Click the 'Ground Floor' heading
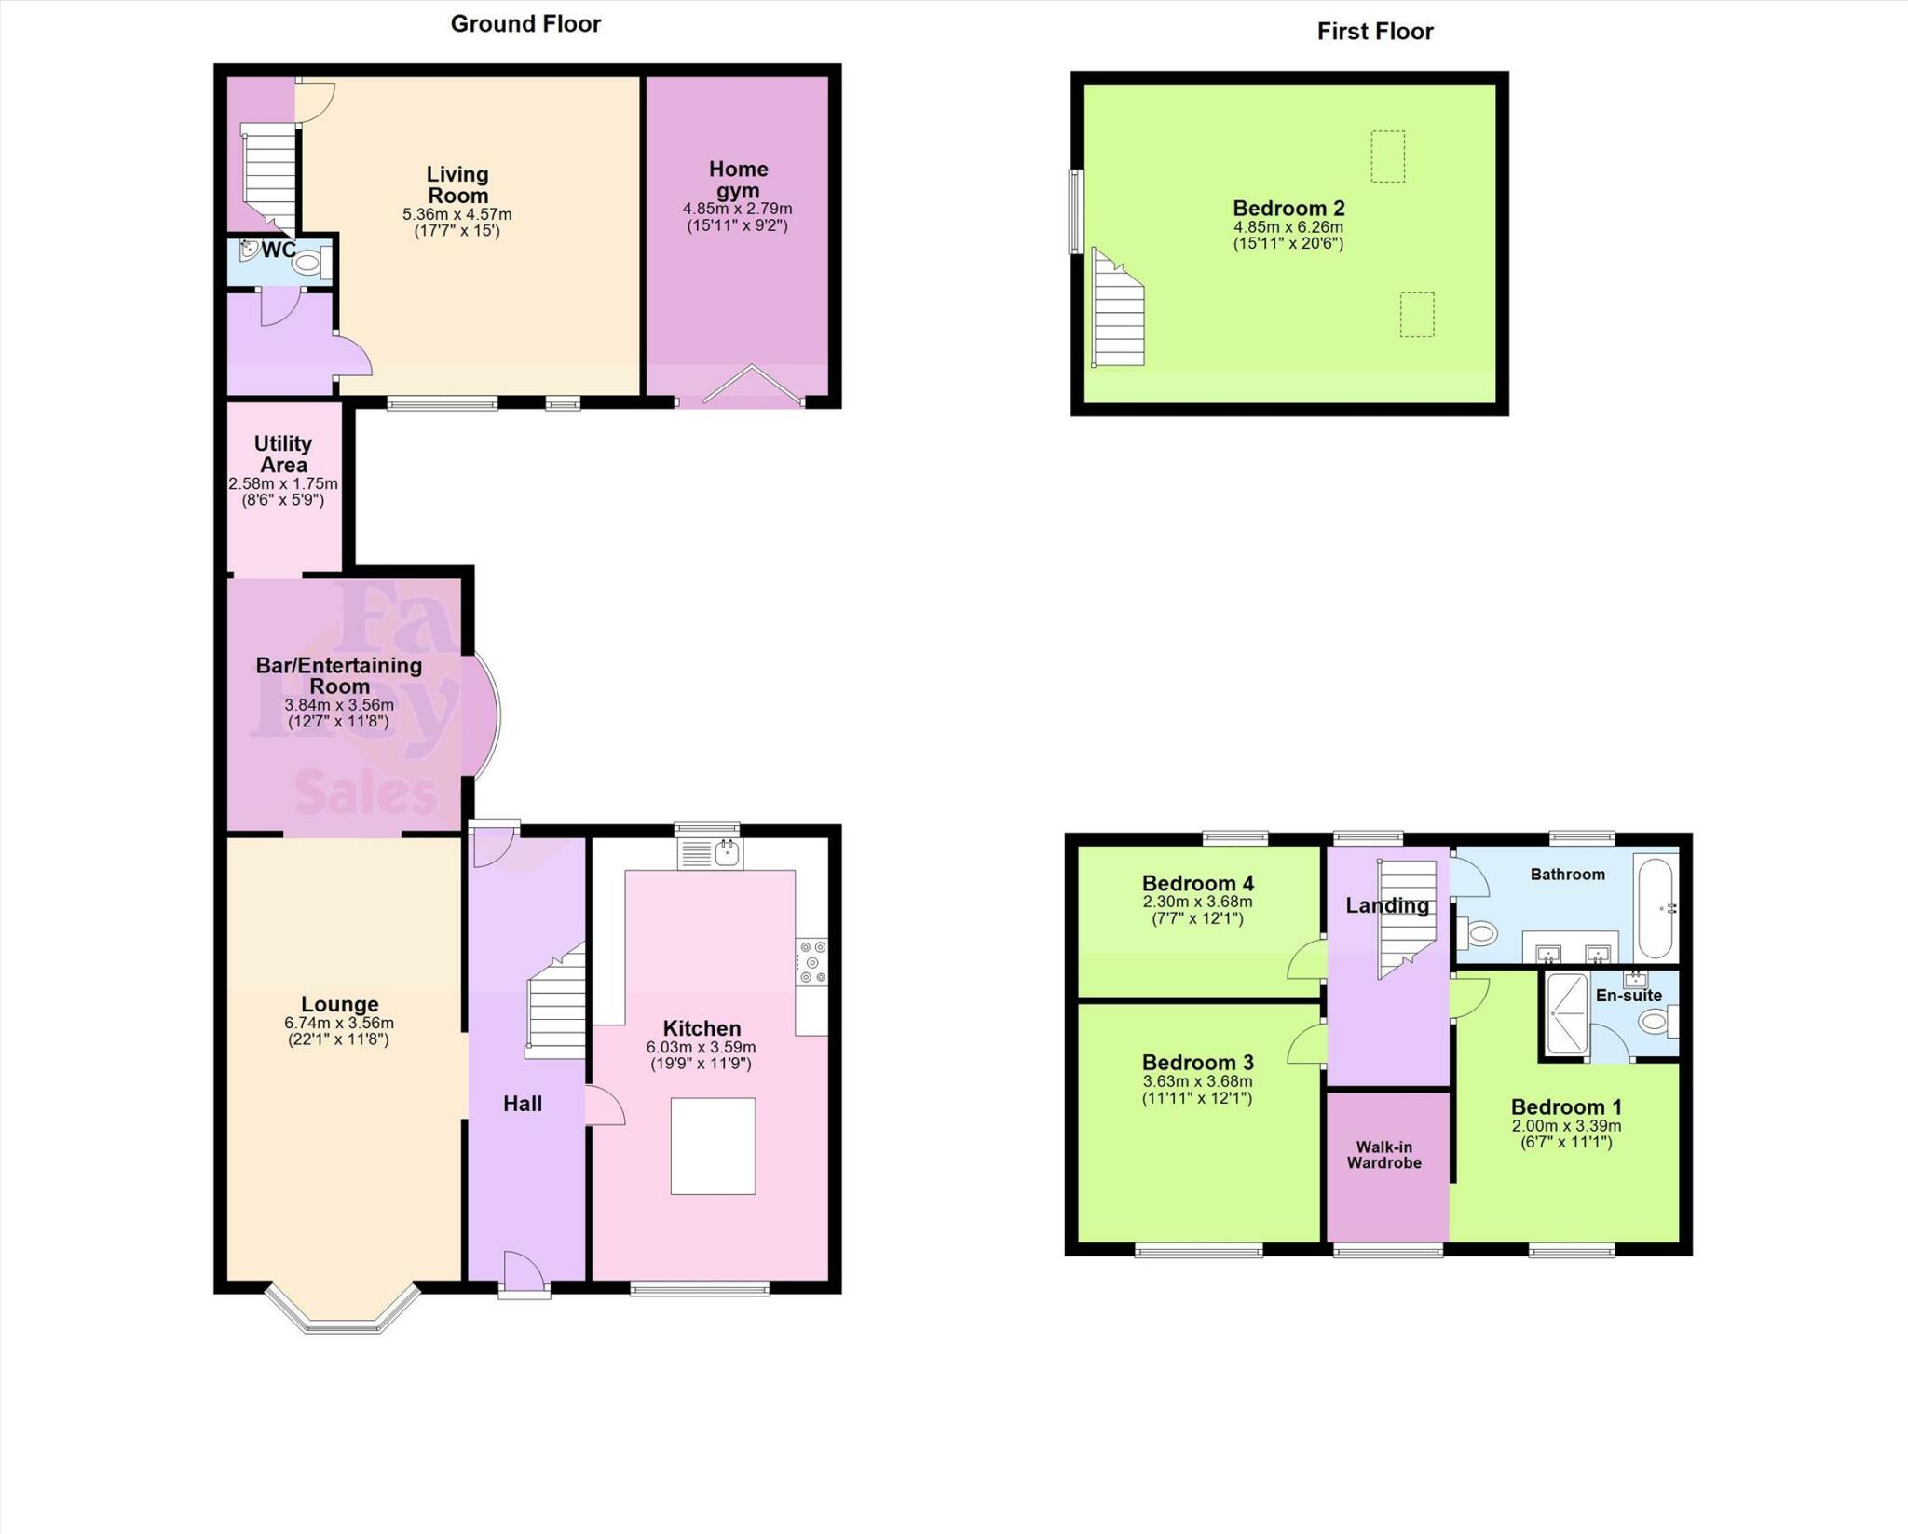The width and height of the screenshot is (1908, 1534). [x=525, y=24]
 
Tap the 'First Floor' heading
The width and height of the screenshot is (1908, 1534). [x=1374, y=32]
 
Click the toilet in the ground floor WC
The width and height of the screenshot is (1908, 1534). [x=308, y=264]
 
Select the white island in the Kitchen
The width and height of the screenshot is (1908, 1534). [x=713, y=1146]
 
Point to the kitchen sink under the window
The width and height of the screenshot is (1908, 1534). [x=728, y=851]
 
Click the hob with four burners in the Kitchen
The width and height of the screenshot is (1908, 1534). [x=811, y=962]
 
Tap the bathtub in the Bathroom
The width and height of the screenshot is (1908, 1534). [x=1655, y=908]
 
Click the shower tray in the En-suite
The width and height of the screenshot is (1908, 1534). [x=1567, y=1014]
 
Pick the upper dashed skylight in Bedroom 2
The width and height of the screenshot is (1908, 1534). [x=1387, y=156]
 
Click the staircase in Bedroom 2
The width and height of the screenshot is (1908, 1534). [x=1118, y=312]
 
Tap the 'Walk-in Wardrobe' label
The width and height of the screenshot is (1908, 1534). [x=1384, y=1155]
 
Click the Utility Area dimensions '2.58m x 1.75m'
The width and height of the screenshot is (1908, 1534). [x=283, y=484]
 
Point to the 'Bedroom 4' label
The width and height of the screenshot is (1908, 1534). [x=1197, y=883]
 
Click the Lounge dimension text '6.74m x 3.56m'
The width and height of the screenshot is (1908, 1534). [x=339, y=1023]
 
